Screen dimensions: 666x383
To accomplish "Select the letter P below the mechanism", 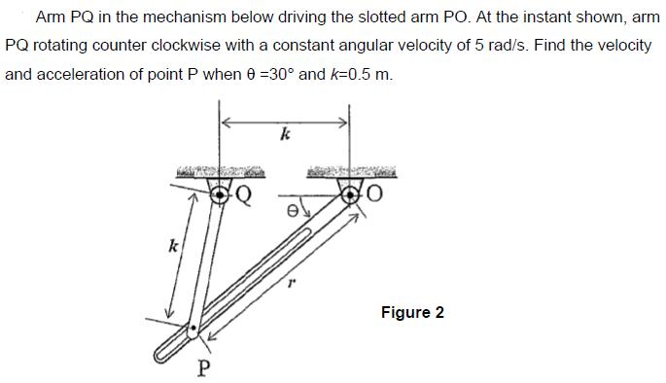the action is [203, 367].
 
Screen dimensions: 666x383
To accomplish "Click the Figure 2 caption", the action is [412, 312].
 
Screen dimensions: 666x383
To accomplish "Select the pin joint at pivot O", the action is [352, 194].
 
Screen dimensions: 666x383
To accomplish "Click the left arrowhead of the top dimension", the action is [225, 122].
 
